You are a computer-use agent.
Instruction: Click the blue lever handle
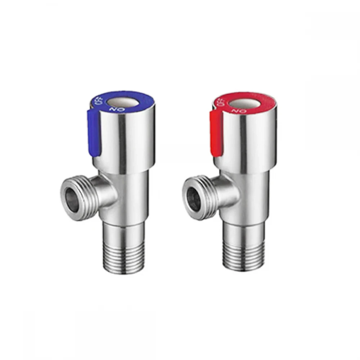(94, 133)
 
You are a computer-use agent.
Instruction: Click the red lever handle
(216, 134)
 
